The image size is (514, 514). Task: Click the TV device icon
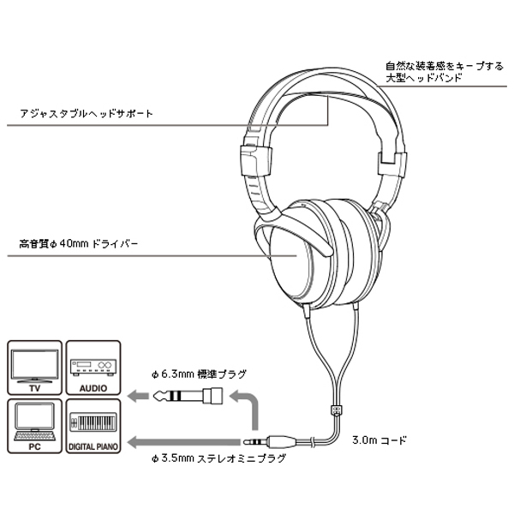pyautogui.click(x=35, y=366)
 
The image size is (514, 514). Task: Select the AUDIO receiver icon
pyautogui.click(x=92, y=366)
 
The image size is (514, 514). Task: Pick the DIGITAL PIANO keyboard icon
pyautogui.click(x=92, y=424)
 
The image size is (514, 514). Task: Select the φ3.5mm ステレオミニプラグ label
pyautogui.click(x=218, y=458)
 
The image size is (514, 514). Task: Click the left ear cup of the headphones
pyautogui.click(x=287, y=257)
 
